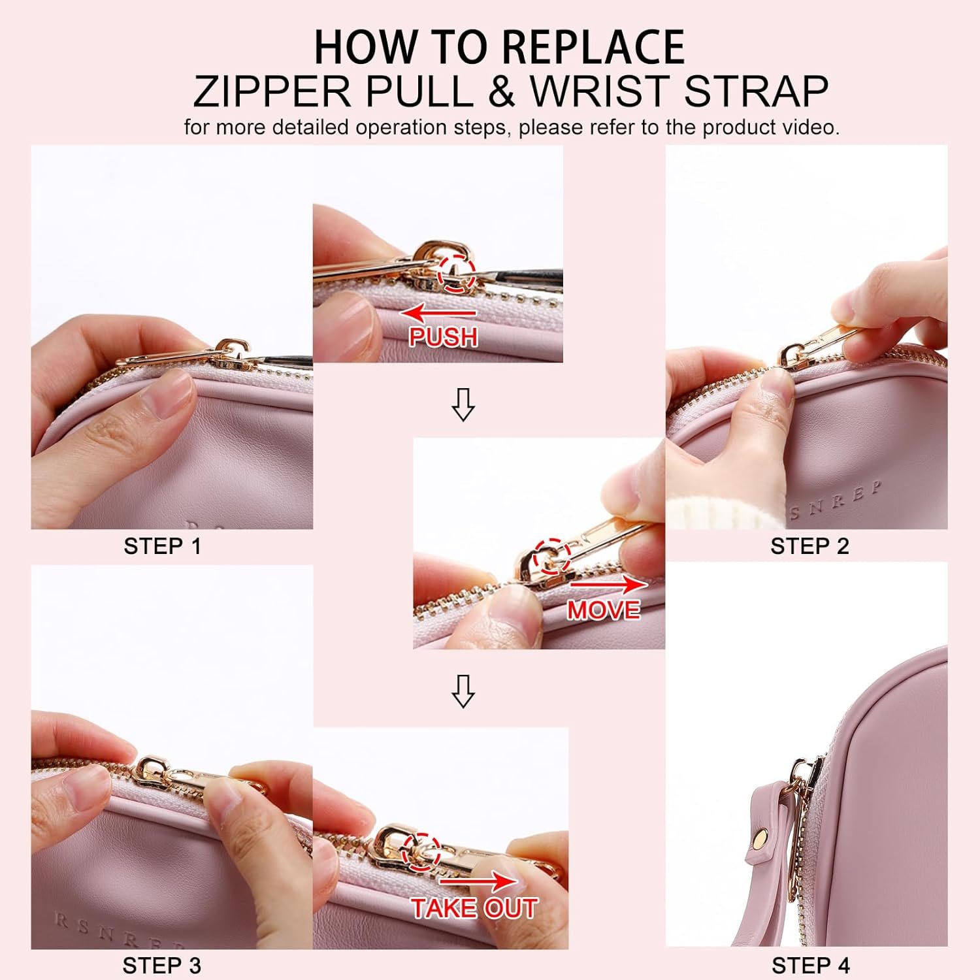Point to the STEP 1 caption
(162, 546)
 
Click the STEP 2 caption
(809, 546)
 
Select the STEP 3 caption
(161, 965)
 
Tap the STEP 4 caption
(811, 965)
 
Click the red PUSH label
(443, 336)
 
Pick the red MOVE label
(603, 610)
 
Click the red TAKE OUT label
(474, 908)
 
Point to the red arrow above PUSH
(438, 313)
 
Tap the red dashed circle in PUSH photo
(456, 272)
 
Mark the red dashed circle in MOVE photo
(553, 557)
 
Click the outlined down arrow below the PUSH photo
(463, 404)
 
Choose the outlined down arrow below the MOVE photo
(463, 691)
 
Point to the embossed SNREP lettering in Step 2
(836, 500)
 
